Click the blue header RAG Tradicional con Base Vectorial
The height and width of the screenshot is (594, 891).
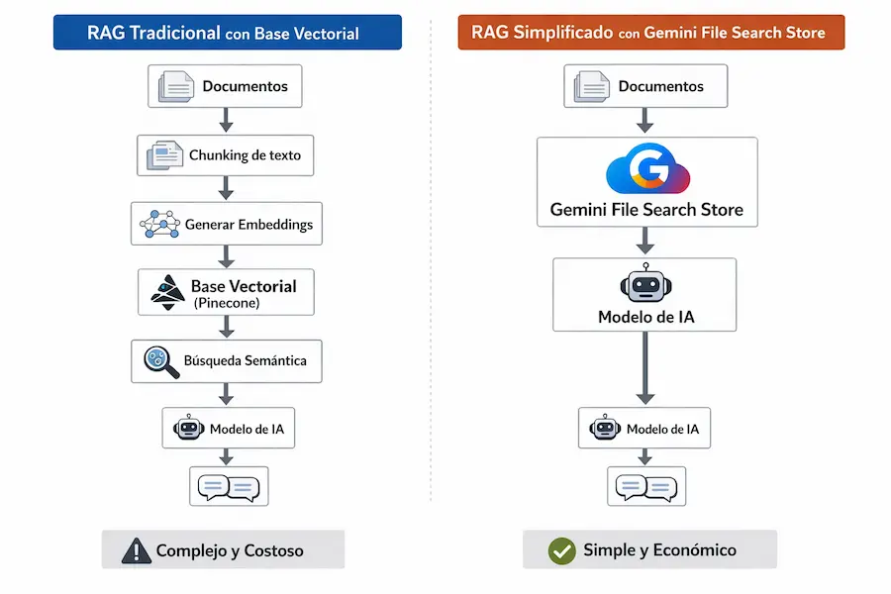pos(227,33)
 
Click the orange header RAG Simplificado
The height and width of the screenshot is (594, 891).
pos(650,33)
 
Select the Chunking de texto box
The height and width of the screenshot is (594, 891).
pos(225,155)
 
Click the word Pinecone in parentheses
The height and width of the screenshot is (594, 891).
pos(227,303)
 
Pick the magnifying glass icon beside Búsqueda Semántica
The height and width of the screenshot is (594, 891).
pos(160,361)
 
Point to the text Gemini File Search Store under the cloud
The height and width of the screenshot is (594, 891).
pos(646,211)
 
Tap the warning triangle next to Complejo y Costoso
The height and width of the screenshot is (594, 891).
pos(136,550)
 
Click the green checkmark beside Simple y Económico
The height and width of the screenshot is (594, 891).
pos(561,550)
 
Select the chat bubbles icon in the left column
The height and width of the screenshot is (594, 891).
pos(229,487)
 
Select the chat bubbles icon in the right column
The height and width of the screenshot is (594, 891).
pos(645,487)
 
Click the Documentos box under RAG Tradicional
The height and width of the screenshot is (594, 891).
pos(225,86)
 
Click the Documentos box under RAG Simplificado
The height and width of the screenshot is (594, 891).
pos(645,86)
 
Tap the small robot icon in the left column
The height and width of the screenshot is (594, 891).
pos(188,430)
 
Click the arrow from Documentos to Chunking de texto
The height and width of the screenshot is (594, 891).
pos(226,120)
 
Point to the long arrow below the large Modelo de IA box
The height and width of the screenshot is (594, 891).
pos(644,367)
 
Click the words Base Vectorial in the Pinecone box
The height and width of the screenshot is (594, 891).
pos(244,286)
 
